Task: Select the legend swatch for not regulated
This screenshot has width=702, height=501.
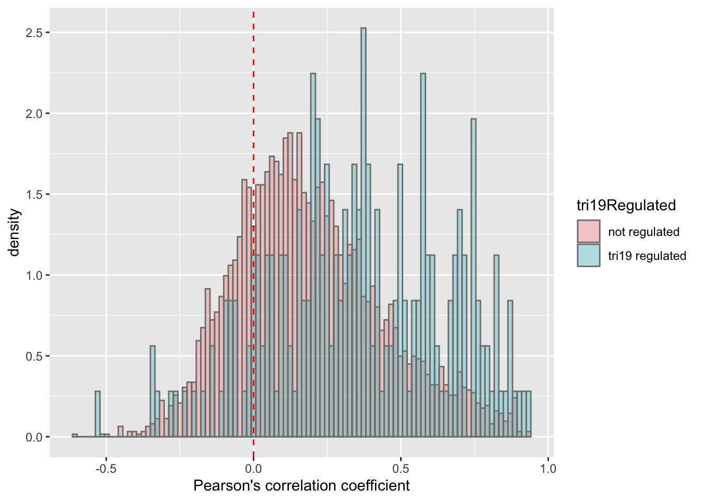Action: coord(588,231)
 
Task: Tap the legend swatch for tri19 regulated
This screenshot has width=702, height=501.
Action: coord(588,255)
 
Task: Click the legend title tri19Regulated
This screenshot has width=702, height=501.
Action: coord(626,206)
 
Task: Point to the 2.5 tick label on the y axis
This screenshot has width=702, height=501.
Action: coord(34,32)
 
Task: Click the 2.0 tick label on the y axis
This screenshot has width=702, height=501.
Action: coord(34,113)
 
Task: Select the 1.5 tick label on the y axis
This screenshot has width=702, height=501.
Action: coord(34,194)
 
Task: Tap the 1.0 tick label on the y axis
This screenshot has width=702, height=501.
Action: coord(34,275)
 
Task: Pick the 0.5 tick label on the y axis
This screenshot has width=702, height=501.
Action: coord(34,356)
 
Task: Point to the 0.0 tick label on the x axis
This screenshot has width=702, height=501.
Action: coord(253,468)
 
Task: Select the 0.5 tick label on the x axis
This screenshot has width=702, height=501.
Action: coord(401,468)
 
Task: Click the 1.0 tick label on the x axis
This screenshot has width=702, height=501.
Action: coord(548,468)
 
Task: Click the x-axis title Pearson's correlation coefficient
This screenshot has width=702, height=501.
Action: coord(301,486)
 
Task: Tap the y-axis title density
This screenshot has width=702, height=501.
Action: coord(14,233)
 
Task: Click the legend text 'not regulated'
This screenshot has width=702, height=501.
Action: coord(643,232)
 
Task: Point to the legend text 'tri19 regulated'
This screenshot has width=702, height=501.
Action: coord(647,256)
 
